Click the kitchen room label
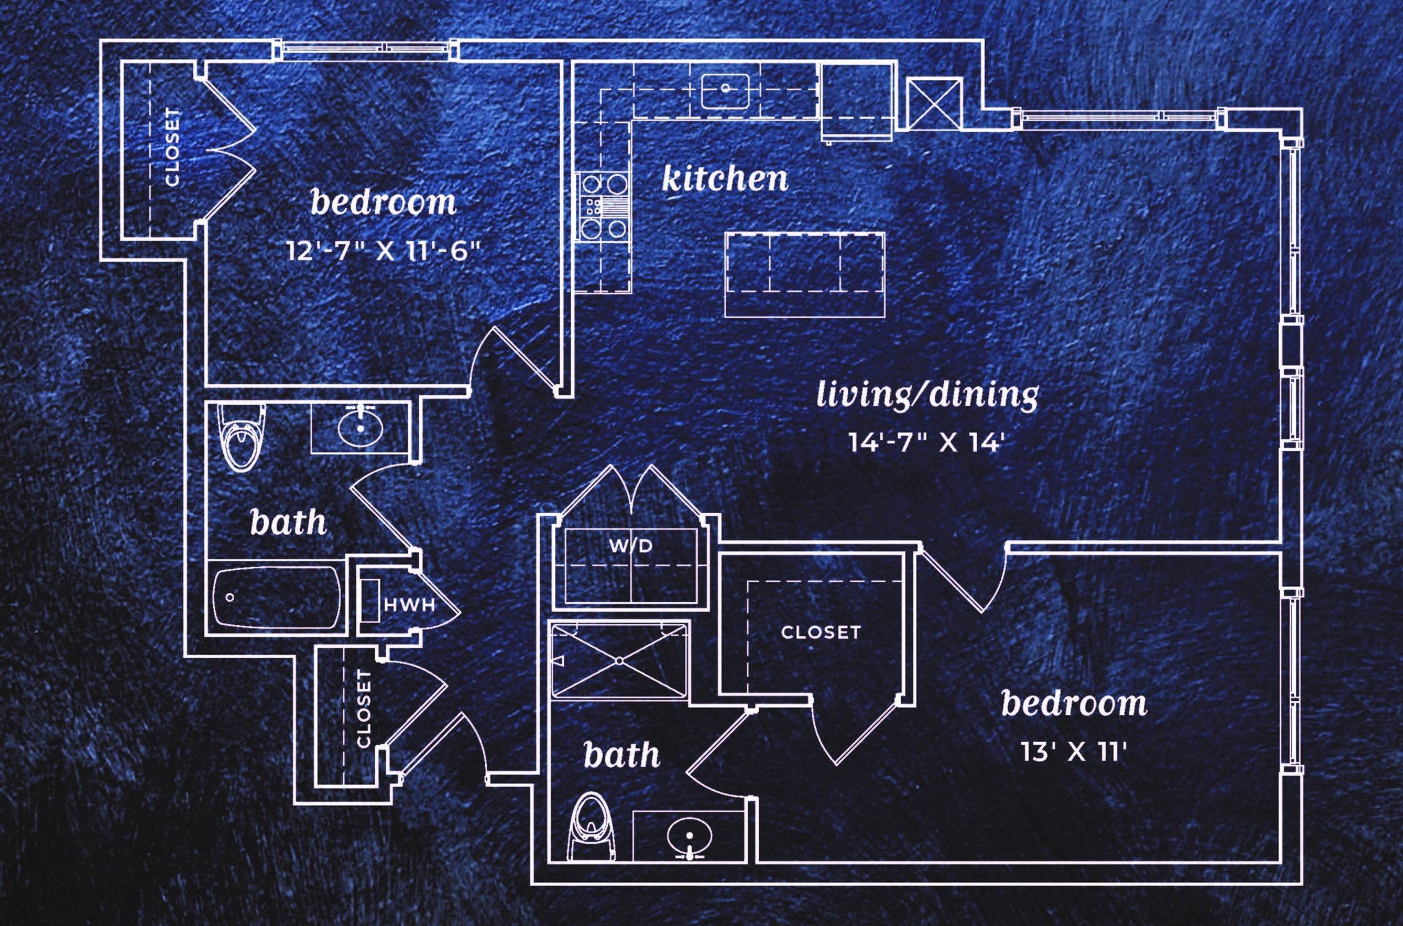tap(725, 179)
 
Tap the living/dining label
tap(927, 394)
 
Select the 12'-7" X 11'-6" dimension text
tap(381, 251)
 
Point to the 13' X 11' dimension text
tap(1074, 752)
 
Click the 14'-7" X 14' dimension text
tap(926, 442)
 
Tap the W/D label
tap(631, 546)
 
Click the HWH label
tap(410, 605)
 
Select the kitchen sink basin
tap(725, 91)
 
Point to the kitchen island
tap(805, 274)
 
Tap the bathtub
tap(276, 598)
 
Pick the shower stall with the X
tap(619, 660)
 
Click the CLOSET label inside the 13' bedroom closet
tap(821, 633)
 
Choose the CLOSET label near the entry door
tap(364, 709)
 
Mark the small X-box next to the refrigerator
tap(935, 103)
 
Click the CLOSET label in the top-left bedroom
tap(172, 146)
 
